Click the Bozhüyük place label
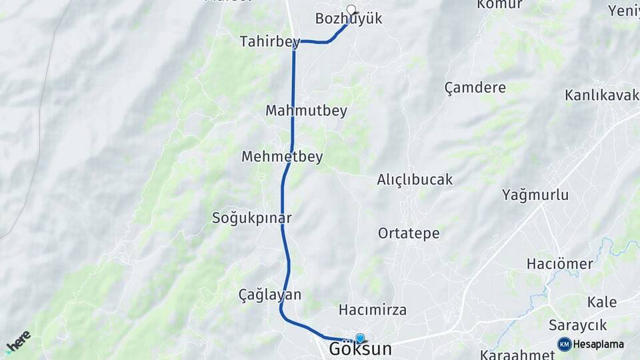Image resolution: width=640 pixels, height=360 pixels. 349,19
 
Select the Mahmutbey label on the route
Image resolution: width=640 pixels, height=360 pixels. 306,111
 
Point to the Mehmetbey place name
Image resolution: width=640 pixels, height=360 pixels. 282,157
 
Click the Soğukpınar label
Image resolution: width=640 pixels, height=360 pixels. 251,217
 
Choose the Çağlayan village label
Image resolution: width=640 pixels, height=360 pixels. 270,294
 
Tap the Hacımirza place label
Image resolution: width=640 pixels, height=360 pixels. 373,310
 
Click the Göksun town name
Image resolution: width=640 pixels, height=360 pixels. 360,349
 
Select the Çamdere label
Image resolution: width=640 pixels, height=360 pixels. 475,87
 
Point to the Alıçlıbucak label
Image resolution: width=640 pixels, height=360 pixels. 415,179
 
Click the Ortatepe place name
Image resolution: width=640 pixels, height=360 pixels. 409,233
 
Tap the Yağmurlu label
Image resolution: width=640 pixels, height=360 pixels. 535,195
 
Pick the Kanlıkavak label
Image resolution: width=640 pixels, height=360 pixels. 602,95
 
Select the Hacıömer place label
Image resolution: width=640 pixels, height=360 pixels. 559,263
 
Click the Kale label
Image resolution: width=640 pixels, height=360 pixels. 601,302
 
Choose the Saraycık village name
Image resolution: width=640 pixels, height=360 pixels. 577,325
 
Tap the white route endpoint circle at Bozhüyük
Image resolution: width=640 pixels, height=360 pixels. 351,9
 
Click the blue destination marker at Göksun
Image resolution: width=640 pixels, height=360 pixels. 360,339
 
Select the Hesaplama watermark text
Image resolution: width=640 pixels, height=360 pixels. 599,344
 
